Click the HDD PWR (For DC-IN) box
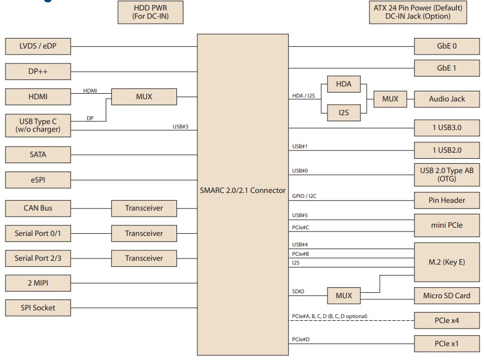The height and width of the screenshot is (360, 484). (x=150, y=12)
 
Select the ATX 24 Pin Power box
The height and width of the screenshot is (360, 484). (x=418, y=12)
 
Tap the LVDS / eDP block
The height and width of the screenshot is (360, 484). (x=38, y=46)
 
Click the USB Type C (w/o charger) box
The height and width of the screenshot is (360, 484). (x=38, y=125)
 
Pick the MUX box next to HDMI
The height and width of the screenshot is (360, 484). (x=144, y=96)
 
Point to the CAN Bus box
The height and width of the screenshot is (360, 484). (x=38, y=208)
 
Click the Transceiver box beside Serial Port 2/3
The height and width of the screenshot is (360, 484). (x=144, y=258)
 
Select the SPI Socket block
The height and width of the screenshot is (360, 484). (x=38, y=308)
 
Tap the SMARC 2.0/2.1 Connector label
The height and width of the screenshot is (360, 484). (x=243, y=191)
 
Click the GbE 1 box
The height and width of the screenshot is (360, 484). (x=447, y=68)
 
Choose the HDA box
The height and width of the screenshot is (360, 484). (x=343, y=84)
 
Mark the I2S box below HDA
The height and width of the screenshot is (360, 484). (x=343, y=112)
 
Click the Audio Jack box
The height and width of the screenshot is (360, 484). (x=447, y=99)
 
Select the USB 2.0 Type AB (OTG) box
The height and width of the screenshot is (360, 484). (x=447, y=175)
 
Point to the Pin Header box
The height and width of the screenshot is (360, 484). (x=447, y=200)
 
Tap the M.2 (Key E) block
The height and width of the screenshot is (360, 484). (x=447, y=262)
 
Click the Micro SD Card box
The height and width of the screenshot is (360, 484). (x=447, y=295)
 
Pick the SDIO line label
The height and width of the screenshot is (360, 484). (x=298, y=292)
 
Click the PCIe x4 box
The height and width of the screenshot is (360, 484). (x=447, y=320)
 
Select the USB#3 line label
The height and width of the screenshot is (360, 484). (x=180, y=127)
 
